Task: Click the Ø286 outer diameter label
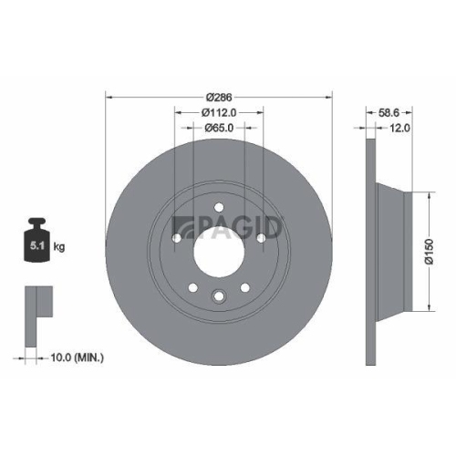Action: tap(219, 97)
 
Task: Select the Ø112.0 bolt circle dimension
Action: tap(219, 113)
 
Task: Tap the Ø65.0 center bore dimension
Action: tap(219, 130)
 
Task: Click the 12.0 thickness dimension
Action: tap(399, 130)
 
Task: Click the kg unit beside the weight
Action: tap(58, 247)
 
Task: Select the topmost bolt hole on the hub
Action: tap(219, 208)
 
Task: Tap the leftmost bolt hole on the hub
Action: tap(176, 239)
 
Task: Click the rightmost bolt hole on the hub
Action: tap(262, 239)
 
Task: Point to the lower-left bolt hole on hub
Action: tap(192, 289)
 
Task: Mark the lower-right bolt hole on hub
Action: tap(245, 289)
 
